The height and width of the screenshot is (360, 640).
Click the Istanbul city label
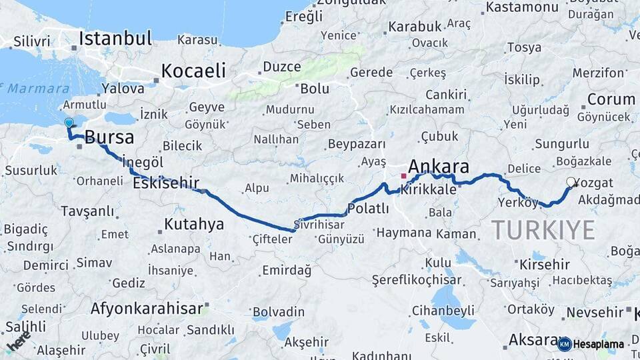click(117, 38)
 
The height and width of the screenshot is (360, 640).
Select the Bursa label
click(109, 137)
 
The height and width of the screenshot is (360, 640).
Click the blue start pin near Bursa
click(68, 123)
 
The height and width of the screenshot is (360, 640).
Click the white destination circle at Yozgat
click(571, 181)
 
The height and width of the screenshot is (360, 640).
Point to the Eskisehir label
click(166, 181)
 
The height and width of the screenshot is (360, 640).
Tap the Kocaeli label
click(193, 71)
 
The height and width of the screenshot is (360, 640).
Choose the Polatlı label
click(368, 209)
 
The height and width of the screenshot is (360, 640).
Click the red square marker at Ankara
click(403, 176)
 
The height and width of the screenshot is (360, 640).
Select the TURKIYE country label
click(543, 229)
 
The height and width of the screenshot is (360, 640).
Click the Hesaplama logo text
click(599, 345)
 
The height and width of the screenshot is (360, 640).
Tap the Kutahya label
click(194, 223)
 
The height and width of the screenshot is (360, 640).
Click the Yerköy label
click(517, 202)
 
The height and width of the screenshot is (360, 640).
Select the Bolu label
click(315, 88)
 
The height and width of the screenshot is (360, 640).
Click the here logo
click(17, 340)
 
